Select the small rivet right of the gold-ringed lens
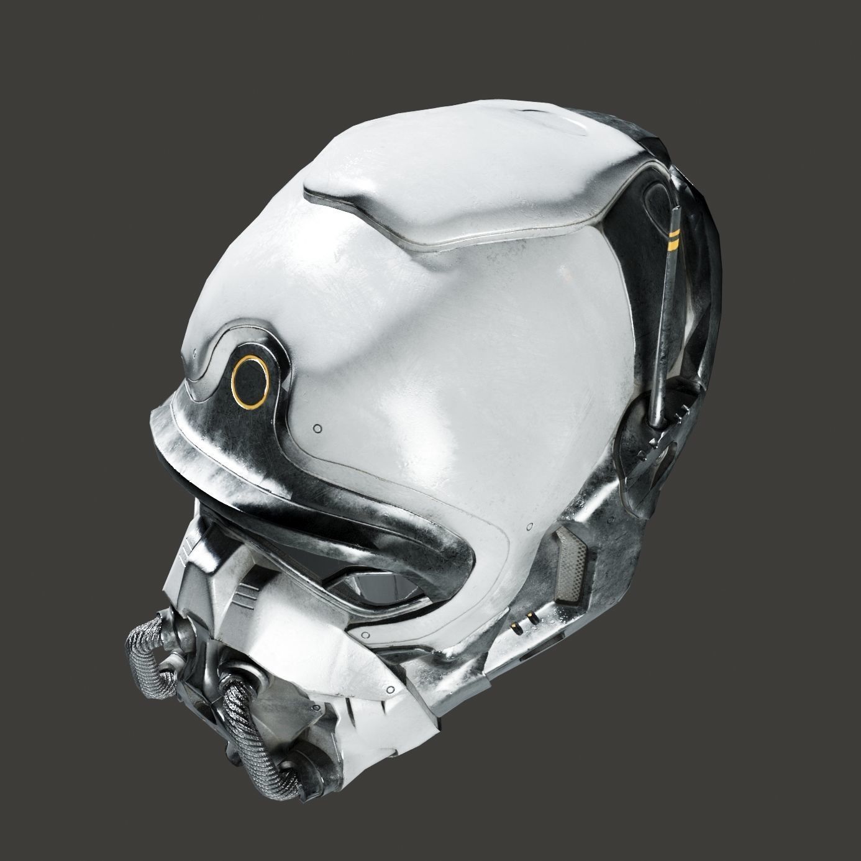(318, 428)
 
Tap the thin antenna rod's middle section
(667, 311)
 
